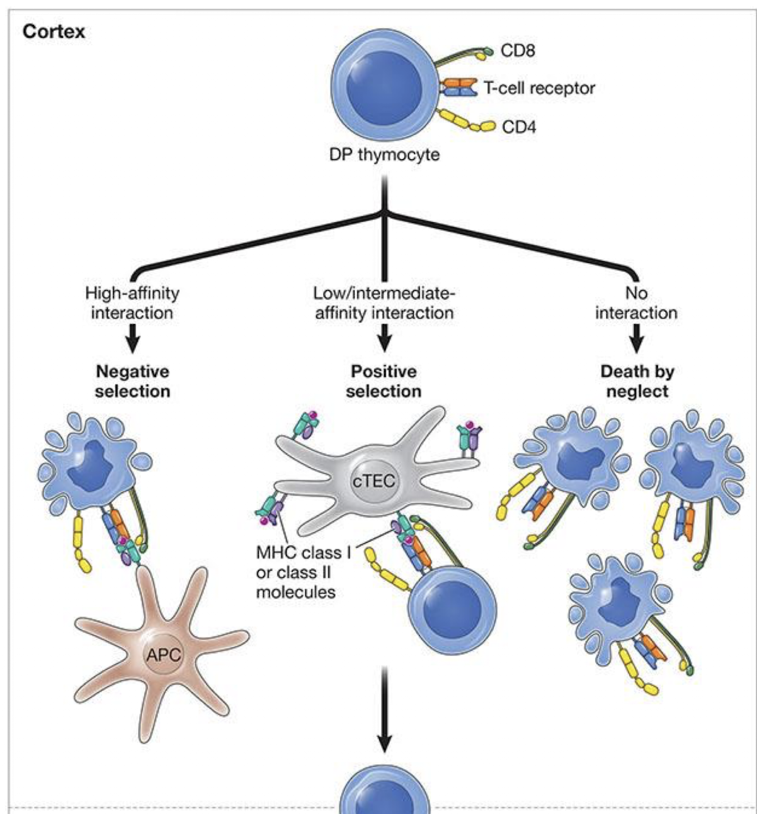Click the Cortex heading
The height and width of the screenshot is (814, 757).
(54, 31)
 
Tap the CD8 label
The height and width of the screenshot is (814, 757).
(518, 50)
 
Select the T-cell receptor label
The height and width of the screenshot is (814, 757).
(539, 87)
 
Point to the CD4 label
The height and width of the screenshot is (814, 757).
(519, 127)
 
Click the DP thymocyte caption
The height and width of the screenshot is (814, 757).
(384, 155)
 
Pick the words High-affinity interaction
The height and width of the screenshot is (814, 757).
(132, 303)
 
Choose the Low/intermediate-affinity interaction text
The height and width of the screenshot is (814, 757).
(384, 303)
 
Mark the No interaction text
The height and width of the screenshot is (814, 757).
(636, 303)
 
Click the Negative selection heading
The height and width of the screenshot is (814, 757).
(132, 381)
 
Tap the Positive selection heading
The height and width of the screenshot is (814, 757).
(384, 381)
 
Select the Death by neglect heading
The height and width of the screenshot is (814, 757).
(637, 381)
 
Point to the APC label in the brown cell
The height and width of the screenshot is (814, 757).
(163, 655)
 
